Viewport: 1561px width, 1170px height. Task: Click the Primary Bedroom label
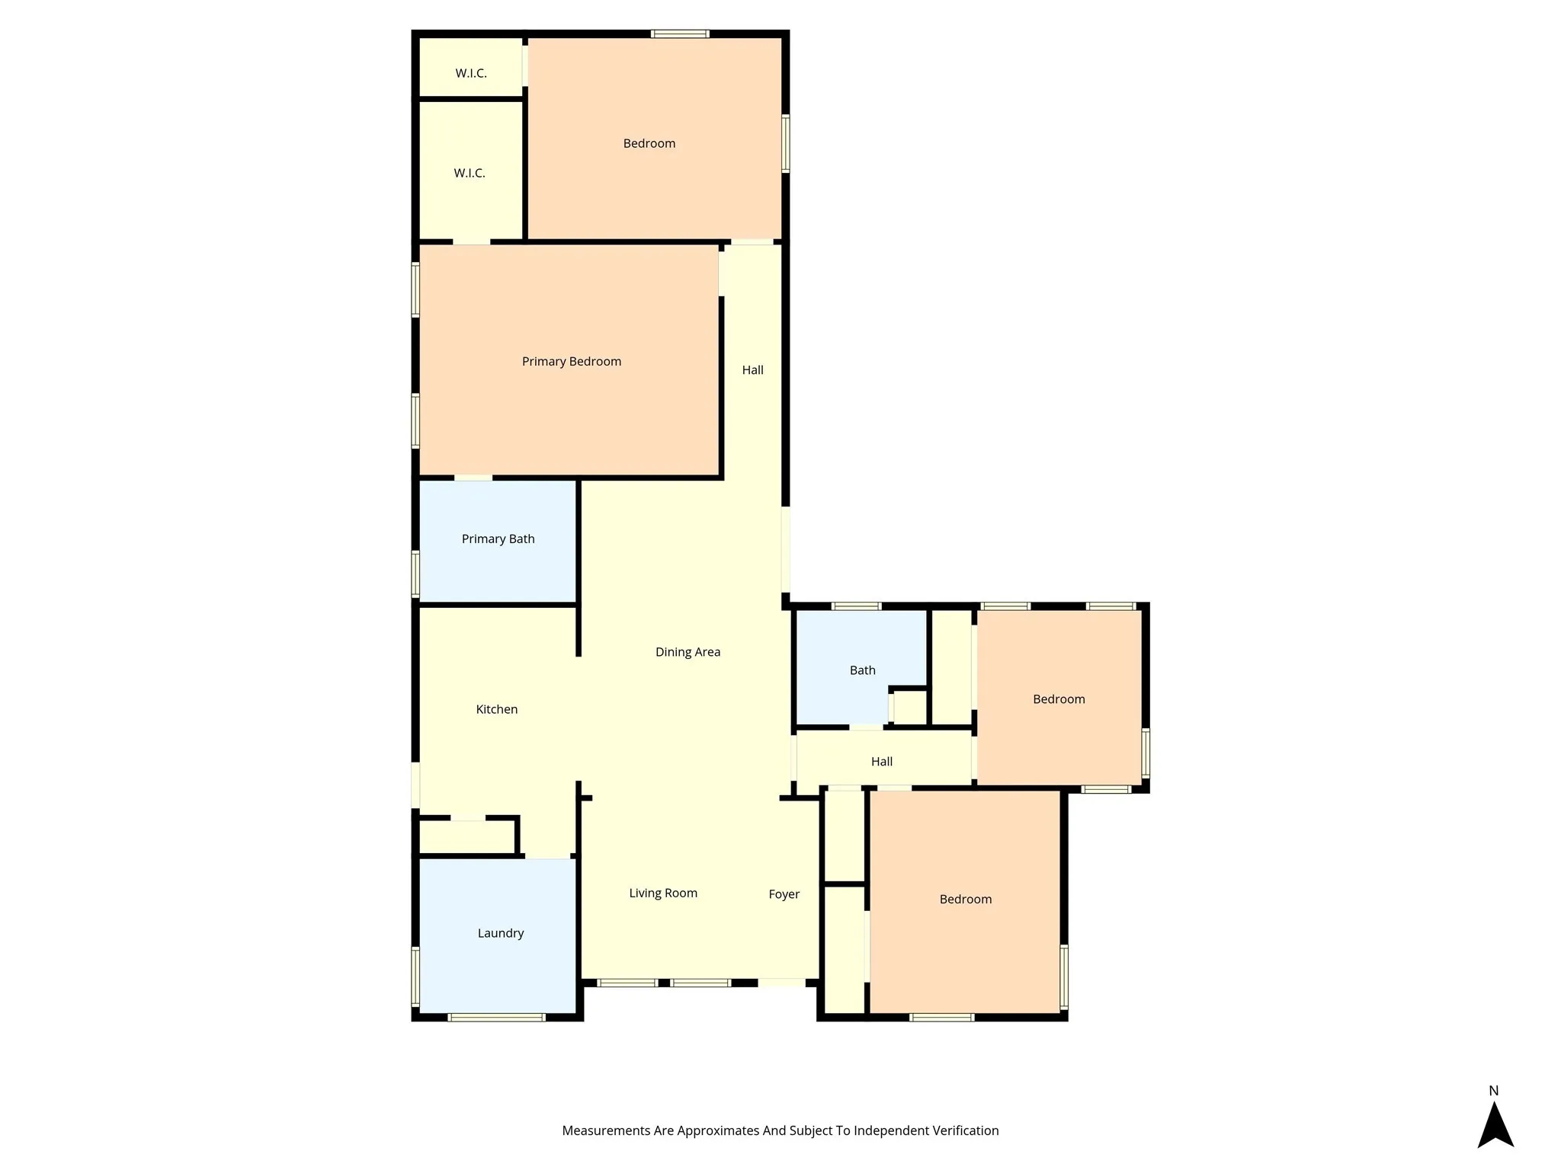(x=571, y=361)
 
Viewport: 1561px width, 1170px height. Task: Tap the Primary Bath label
(x=498, y=539)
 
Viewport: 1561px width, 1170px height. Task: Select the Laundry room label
(x=500, y=933)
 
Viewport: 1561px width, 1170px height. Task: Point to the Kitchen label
(x=496, y=709)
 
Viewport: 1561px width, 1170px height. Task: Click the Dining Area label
(x=688, y=651)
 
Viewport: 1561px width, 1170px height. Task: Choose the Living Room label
(x=662, y=893)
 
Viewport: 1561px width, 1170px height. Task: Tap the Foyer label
(x=784, y=894)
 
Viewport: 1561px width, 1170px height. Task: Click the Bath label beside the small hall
(x=862, y=670)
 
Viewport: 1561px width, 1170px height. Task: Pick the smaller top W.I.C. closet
(x=471, y=73)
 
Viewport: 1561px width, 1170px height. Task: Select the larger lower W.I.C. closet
(x=470, y=173)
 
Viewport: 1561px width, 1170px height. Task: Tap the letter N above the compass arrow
(x=1493, y=1091)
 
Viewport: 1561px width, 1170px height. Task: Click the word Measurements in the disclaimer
(x=606, y=1131)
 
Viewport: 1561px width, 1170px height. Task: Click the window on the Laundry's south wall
(x=496, y=1017)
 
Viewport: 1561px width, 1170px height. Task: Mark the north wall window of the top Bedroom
(x=680, y=34)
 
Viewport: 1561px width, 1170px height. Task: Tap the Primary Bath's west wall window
(x=415, y=573)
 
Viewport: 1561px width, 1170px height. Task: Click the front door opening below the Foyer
(x=781, y=983)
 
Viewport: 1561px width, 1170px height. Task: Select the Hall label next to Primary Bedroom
(x=752, y=370)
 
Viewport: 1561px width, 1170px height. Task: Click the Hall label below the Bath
(x=881, y=761)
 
